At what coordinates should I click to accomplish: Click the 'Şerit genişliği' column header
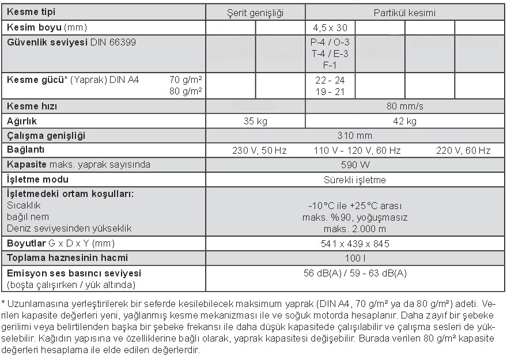point(255,13)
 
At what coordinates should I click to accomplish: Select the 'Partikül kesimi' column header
point(404,13)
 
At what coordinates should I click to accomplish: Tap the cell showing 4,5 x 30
point(330,27)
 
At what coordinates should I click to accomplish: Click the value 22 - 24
point(330,81)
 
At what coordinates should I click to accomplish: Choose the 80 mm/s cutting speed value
point(404,107)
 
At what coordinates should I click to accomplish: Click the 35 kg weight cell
point(255,121)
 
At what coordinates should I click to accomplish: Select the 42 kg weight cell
point(404,121)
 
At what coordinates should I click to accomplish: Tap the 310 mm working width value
point(355,136)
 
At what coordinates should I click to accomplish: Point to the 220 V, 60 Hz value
point(463,150)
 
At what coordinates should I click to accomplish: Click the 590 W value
point(355,165)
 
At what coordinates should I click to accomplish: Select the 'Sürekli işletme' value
point(355,180)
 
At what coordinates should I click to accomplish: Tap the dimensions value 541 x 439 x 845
point(355,244)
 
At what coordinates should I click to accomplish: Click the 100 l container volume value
point(355,258)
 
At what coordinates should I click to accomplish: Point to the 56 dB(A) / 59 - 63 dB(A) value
point(355,273)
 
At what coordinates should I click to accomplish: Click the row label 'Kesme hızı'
point(32,107)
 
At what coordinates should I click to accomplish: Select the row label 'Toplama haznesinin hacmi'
point(67,257)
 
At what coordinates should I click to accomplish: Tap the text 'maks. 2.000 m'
point(355,228)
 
